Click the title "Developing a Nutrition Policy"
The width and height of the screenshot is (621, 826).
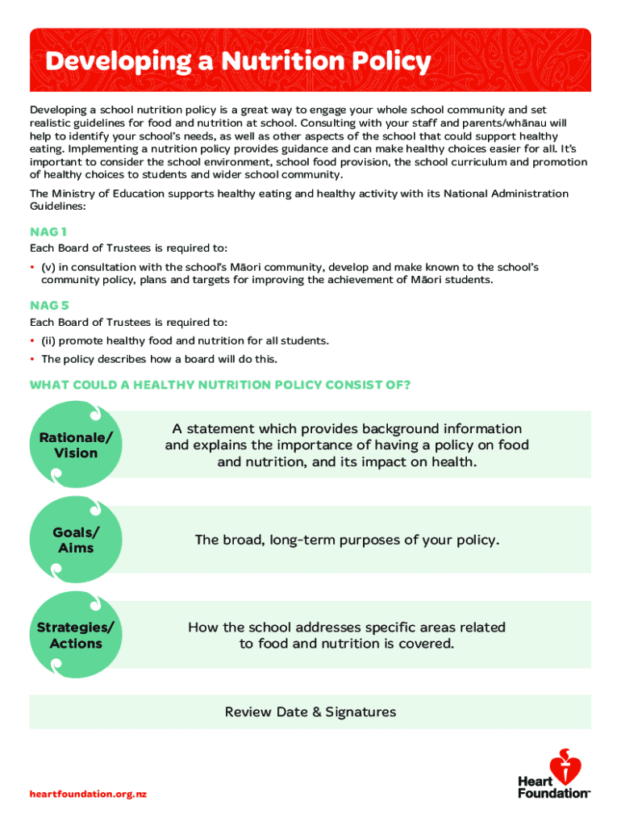pyautogui.click(x=238, y=61)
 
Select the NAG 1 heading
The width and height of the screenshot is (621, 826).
pyautogui.click(x=48, y=232)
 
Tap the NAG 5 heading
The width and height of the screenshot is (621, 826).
pyautogui.click(x=49, y=306)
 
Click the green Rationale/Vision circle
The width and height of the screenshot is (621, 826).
pyautogui.click(x=75, y=444)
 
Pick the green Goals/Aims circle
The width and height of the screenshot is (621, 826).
pyautogui.click(x=75, y=540)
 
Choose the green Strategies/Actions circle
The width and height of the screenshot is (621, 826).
pyautogui.click(x=75, y=635)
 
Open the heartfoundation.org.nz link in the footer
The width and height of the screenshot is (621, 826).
pyautogui.click(x=89, y=794)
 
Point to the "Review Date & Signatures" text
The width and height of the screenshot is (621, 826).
pyautogui.click(x=310, y=711)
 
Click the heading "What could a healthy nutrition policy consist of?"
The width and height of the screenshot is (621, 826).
pyautogui.click(x=220, y=385)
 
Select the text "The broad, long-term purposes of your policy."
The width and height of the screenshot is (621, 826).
pyautogui.click(x=347, y=540)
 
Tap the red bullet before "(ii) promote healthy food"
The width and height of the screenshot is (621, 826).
pyautogui.click(x=33, y=341)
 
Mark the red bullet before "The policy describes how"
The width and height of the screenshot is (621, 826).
pyautogui.click(x=33, y=360)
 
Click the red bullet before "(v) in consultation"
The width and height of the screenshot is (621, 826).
pyautogui.click(x=33, y=267)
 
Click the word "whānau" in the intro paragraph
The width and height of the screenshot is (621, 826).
pyautogui.click(x=546, y=123)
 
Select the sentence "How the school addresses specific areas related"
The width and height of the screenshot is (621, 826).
pyautogui.click(x=347, y=627)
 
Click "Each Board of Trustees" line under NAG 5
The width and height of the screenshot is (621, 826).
pyautogui.click(x=128, y=323)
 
